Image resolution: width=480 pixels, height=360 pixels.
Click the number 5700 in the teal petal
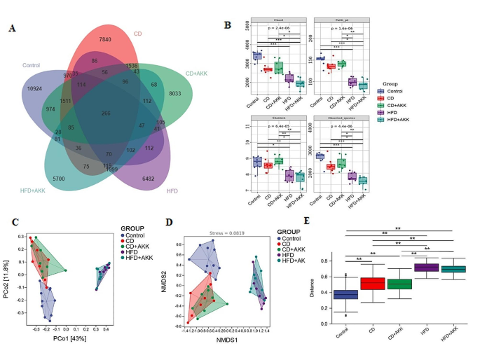pyautogui.click(x=60, y=179)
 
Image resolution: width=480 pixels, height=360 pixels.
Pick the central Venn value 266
pyautogui.click(x=106, y=113)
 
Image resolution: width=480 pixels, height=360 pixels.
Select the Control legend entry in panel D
pyautogui.click(x=295, y=240)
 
